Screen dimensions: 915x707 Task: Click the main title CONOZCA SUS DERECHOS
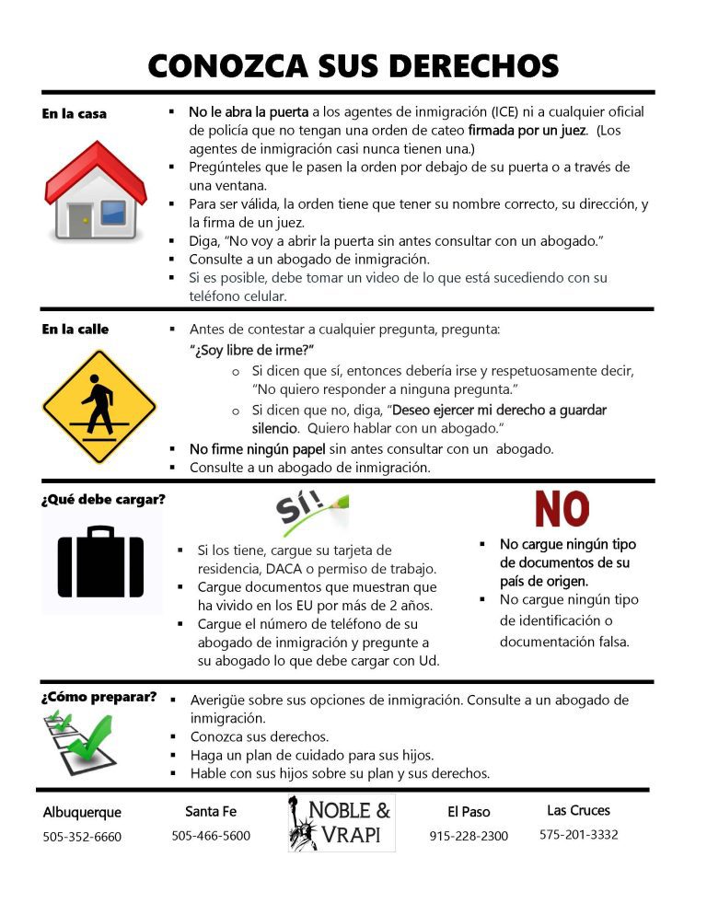click(353, 65)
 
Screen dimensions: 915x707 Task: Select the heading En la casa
click(74, 114)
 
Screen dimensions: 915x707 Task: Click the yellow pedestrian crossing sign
click(98, 406)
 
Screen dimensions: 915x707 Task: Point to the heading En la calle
click(75, 330)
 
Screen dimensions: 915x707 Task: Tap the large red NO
click(562, 509)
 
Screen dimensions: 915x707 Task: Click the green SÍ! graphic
click(311, 512)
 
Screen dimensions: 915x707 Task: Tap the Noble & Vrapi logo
click(341, 822)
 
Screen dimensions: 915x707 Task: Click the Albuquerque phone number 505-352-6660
click(82, 837)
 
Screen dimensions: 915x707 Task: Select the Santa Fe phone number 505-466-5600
click(211, 835)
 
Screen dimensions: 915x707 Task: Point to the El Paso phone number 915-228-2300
click(469, 836)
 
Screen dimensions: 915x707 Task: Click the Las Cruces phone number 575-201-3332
click(578, 834)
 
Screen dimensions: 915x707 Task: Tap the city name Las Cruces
click(578, 810)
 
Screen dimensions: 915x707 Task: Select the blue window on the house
click(113, 212)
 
